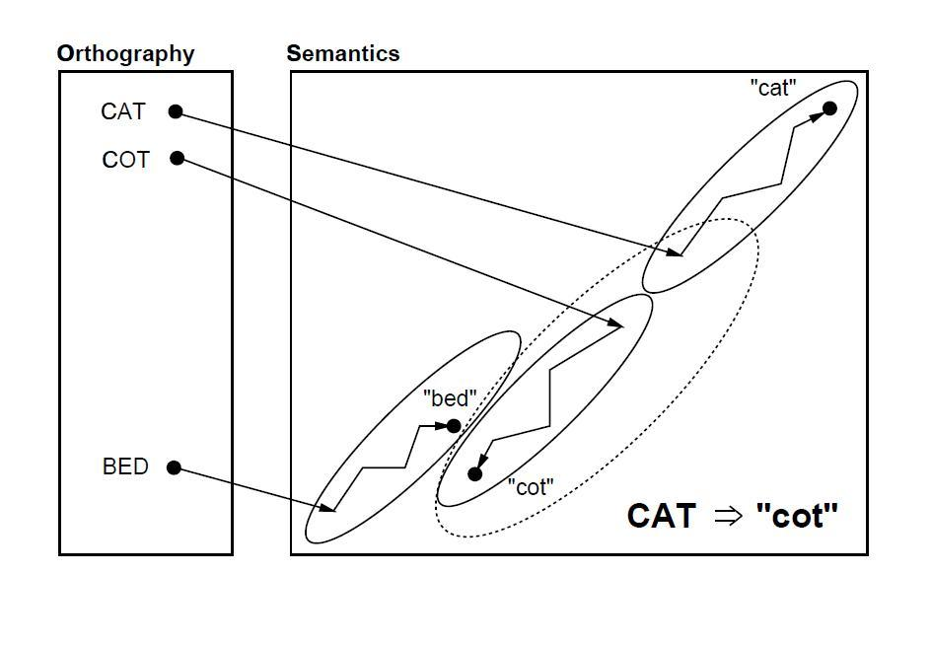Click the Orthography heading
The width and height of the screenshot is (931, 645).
click(x=125, y=54)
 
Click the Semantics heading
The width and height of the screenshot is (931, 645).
click(x=343, y=54)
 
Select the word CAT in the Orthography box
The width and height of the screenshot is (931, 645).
click(x=123, y=111)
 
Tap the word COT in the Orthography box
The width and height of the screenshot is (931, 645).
click(x=125, y=159)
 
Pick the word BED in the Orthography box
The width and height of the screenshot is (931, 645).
click(x=125, y=466)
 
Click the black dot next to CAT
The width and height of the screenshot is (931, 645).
click(x=176, y=111)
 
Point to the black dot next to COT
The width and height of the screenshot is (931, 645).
click(x=178, y=158)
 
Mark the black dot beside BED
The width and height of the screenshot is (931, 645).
click(x=175, y=467)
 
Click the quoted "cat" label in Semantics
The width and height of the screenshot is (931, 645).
click(x=772, y=88)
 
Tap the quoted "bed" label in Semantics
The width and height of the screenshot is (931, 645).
click(x=450, y=398)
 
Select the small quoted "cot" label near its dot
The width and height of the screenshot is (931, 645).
click(x=531, y=486)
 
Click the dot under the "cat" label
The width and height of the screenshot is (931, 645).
click(x=829, y=107)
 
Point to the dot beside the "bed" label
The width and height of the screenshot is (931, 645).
click(x=454, y=426)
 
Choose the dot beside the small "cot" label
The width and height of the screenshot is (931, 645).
click(x=474, y=474)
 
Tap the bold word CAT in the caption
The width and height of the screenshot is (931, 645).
click(x=662, y=516)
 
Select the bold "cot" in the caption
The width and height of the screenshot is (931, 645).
click(x=797, y=516)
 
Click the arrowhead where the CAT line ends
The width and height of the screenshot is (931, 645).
click(x=677, y=254)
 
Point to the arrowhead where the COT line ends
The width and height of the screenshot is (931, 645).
click(x=618, y=325)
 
